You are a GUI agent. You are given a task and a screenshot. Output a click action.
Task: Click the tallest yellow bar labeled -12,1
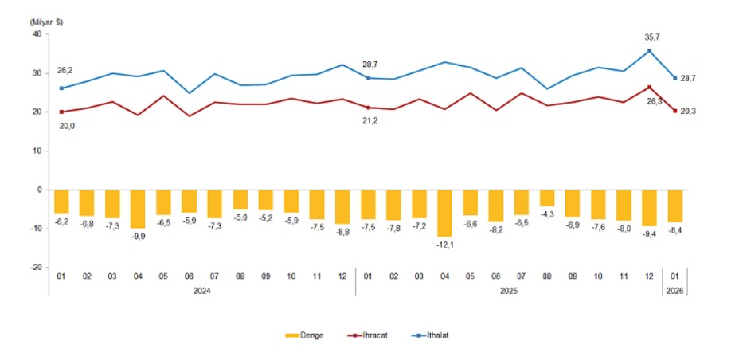coord(444,213)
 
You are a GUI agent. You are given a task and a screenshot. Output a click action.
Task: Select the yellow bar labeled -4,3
coord(547,198)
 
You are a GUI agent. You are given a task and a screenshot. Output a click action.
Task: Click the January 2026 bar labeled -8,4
coord(675,205)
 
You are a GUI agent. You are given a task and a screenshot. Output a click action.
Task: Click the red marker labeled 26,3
coord(650,87)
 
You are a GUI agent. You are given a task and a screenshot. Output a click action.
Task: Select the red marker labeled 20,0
coord(61,112)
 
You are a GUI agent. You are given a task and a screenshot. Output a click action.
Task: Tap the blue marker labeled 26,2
coord(61,88)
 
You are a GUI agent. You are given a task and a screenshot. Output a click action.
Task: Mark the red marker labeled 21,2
coord(368,107)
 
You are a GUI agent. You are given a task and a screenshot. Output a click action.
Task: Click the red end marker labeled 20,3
coord(675,111)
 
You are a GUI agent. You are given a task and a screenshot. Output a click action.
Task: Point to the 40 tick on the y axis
coord(37,34)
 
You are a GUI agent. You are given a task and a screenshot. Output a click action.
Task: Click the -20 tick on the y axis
coord(35,268)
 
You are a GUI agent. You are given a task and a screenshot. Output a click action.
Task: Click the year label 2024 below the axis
coord(201,291)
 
